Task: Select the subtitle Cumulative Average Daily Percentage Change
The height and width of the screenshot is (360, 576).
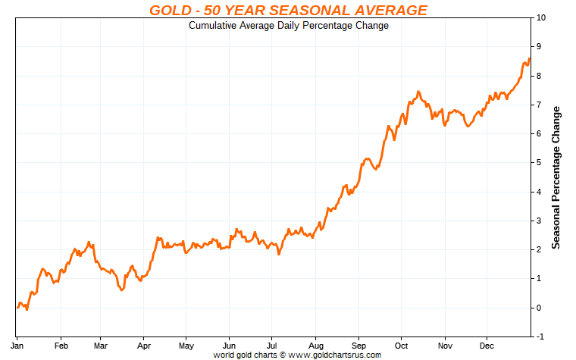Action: tap(288, 26)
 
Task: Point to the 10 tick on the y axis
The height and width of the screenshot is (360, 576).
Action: tap(540, 17)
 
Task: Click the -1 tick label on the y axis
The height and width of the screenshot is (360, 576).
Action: tap(540, 337)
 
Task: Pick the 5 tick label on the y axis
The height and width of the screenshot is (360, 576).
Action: tap(538, 163)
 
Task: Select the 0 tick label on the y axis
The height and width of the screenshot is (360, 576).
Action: tap(538, 308)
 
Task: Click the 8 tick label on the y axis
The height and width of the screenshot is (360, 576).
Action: tap(538, 76)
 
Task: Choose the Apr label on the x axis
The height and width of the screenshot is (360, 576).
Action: tap(143, 346)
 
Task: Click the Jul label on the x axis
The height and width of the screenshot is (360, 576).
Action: tap(271, 346)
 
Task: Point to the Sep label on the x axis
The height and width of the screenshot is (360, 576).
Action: tap(358, 346)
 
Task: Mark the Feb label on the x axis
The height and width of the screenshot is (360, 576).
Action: tap(63, 346)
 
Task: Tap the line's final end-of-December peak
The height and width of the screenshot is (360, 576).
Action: tap(529, 58)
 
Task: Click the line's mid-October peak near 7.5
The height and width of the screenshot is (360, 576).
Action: tap(418, 92)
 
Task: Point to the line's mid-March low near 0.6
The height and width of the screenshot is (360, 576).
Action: tap(122, 290)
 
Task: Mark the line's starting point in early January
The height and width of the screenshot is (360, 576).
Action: tap(17, 308)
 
